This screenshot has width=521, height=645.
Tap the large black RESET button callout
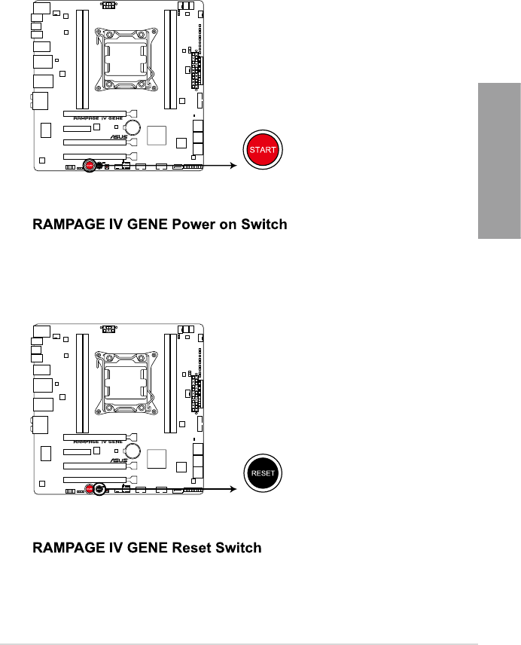(264, 475)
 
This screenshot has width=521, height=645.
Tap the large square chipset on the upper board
(157, 135)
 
